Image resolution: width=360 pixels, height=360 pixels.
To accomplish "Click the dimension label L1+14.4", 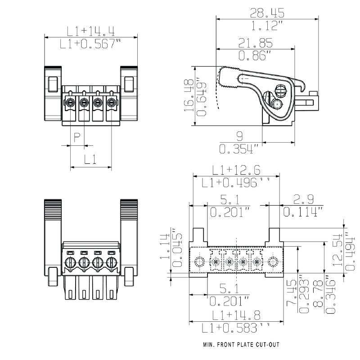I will [x=91, y=31].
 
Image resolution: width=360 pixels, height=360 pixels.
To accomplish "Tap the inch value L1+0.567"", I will [x=91, y=44].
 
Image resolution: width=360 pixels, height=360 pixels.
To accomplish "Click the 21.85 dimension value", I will [x=255, y=43].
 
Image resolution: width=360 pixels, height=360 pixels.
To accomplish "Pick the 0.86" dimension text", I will [x=255, y=56].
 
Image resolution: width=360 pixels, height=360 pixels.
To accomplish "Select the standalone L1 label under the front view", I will [x=91, y=159].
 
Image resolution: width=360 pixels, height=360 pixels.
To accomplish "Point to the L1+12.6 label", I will [x=236, y=170].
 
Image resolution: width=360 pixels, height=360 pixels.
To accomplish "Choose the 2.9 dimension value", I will [x=302, y=198].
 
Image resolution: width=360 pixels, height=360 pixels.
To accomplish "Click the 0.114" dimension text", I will [x=302, y=211].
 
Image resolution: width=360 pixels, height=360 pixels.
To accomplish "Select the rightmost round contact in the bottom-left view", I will [x=111, y=262].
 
